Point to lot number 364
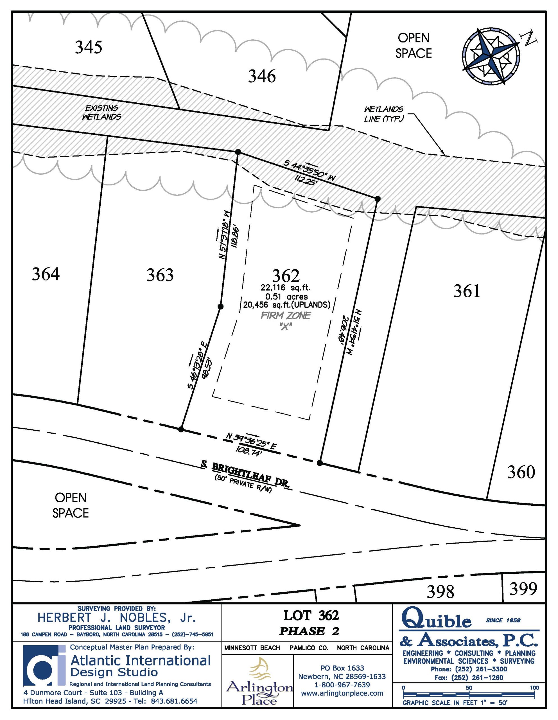46,274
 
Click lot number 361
466,291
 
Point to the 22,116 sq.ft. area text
285,287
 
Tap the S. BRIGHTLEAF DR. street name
246,474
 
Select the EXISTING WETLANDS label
101,112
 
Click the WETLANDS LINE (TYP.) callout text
384,114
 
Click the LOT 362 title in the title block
311,615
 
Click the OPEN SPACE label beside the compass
414,46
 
